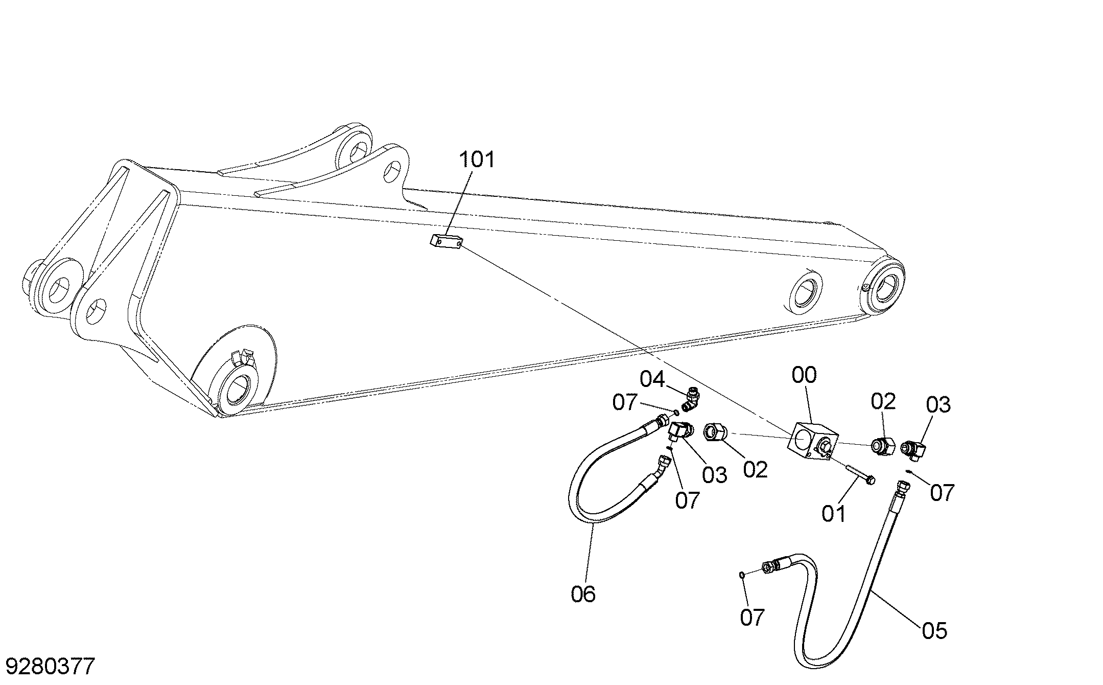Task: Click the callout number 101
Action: tap(477, 160)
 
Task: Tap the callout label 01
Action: tap(834, 513)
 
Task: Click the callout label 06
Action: tap(583, 594)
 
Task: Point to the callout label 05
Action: tap(934, 630)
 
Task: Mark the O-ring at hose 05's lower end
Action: tap(742, 575)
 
